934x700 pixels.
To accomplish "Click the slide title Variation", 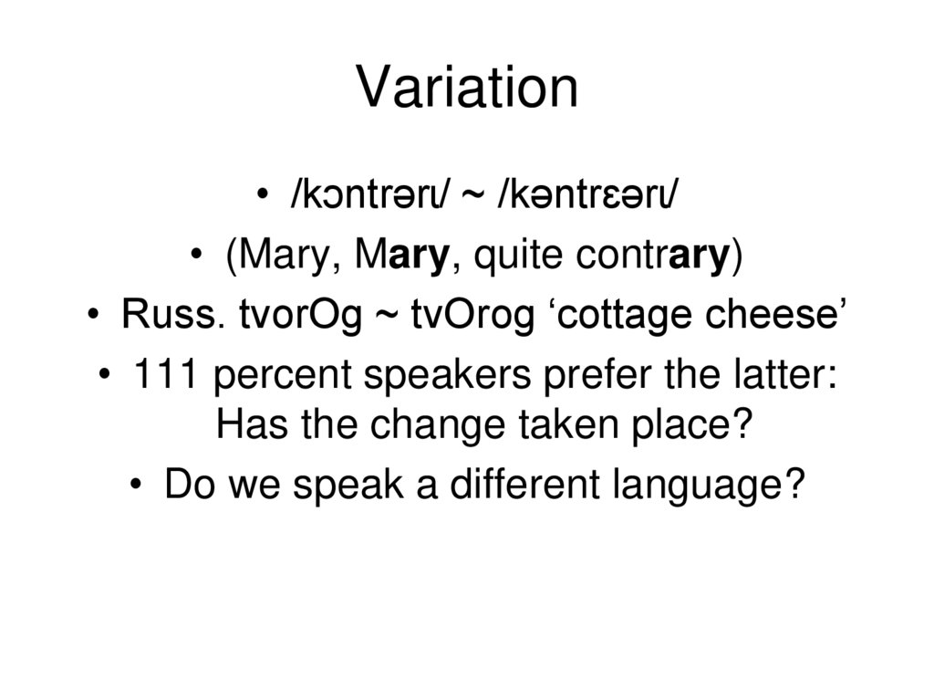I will click(467, 89).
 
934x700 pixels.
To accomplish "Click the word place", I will click(703, 425).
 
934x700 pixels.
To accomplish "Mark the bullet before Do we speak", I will click(136, 485).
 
